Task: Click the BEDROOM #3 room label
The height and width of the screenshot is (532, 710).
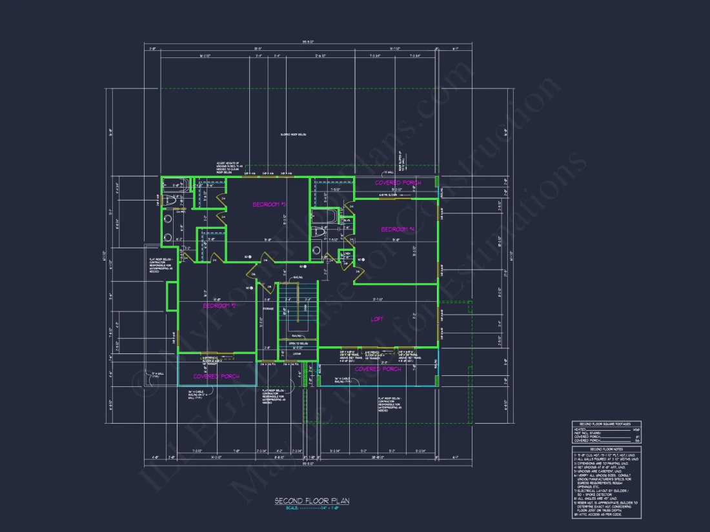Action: (269, 204)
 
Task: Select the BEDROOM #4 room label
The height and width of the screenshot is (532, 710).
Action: (397, 229)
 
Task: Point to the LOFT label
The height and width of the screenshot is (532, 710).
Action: (377, 319)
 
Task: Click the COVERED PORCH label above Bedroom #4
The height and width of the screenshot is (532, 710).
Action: (398, 182)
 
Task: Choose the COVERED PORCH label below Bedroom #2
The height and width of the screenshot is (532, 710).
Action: (216, 376)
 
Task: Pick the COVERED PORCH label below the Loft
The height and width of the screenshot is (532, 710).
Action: (378, 369)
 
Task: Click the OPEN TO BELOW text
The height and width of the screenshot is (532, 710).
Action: (298, 344)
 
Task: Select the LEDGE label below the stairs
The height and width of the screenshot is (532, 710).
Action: (297, 353)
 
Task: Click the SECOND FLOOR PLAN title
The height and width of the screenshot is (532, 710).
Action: (312, 500)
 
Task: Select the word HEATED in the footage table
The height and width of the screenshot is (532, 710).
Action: (579, 429)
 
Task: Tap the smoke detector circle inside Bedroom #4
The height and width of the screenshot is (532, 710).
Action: (363, 260)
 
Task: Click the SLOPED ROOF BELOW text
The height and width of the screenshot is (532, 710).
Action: (293, 135)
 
